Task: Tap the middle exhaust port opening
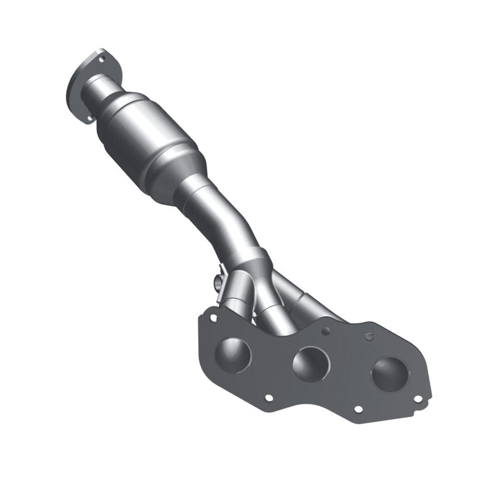point(308,363)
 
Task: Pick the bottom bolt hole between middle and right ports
point(358,409)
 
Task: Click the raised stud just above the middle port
point(325,329)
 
